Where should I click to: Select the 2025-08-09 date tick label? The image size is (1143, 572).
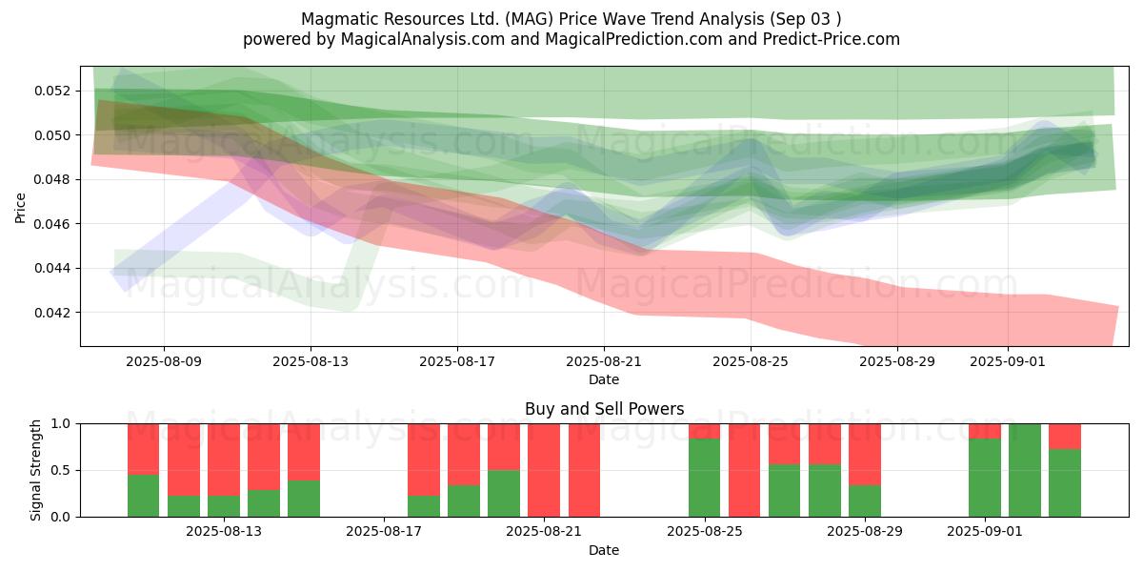pyautogui.click(x=164, y=361)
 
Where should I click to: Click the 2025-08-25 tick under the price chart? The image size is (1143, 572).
pyautogui.click(x=751, y=361)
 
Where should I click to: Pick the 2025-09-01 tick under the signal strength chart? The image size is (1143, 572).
pyautogui.click(x=985, y=531)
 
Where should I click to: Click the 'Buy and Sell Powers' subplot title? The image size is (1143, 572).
pyautogui.click(x=604, y=409)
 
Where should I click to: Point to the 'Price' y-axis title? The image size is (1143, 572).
pyautogui.click(x=21, y=206)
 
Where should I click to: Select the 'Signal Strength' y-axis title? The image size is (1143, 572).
pyautogui.click(x=35, y=470)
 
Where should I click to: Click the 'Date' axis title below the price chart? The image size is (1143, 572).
pyautogui.click(x=604, y=379)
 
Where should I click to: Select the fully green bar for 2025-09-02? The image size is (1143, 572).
pyautogui.click(x=1025, y=470)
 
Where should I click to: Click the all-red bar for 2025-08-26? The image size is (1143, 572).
pyautogui.click(x=745, y=470)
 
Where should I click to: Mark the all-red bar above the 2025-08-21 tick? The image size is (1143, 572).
pyautogui.click(x=544, y=470)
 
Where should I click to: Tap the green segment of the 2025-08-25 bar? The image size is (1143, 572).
pyautogui.click(x=705, y=478)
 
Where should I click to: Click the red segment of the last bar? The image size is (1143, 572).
pyautogui.click(x=1065, y=436)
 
